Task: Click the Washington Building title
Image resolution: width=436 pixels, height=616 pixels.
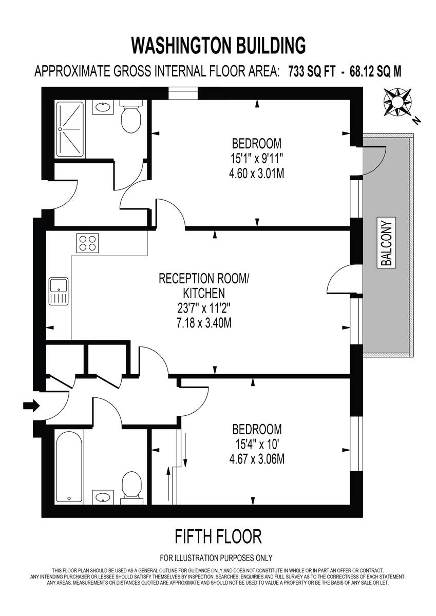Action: coord(218,45)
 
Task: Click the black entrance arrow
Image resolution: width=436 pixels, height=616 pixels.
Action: coord(31,406)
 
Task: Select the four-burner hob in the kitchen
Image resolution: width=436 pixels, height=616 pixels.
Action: coord(87,243)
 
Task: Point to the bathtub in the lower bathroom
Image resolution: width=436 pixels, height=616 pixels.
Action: coord(69,468)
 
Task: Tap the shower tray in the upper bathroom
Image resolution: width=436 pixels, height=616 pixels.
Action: coord(73,129)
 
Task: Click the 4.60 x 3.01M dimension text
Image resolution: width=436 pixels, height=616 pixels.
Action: coord(257,174)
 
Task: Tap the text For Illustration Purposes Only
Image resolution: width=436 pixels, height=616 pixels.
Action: coord(216,558)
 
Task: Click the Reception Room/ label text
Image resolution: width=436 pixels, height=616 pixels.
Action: coord(204,279)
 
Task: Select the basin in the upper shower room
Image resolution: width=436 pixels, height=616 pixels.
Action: coord(103,108)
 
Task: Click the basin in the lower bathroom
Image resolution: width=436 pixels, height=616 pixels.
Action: coord(103,497)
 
